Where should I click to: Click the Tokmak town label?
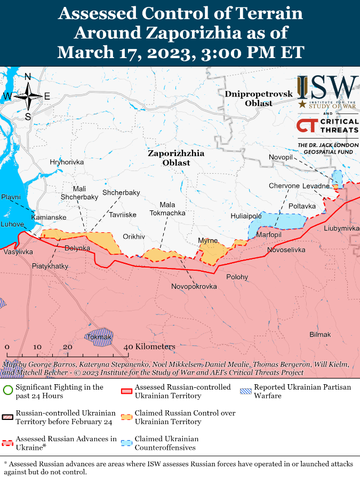pos(100,337)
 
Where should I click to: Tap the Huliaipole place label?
pos(246,216)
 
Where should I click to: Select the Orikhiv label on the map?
pos(134,236)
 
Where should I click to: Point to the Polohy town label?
pos(237,277)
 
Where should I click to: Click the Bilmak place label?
pos(320,335)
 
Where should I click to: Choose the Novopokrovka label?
pos(194,287)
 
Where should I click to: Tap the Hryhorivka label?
pos(67,162)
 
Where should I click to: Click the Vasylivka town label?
pos(18,252)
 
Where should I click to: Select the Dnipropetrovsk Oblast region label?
pos(259,99)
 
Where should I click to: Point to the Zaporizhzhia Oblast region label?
pos(176,158)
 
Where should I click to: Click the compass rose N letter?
pos(28,76)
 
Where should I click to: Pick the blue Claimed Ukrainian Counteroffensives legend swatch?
pos(126,443)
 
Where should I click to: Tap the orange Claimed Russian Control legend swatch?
pos(126,417)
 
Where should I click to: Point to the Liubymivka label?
pos(341,228)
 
